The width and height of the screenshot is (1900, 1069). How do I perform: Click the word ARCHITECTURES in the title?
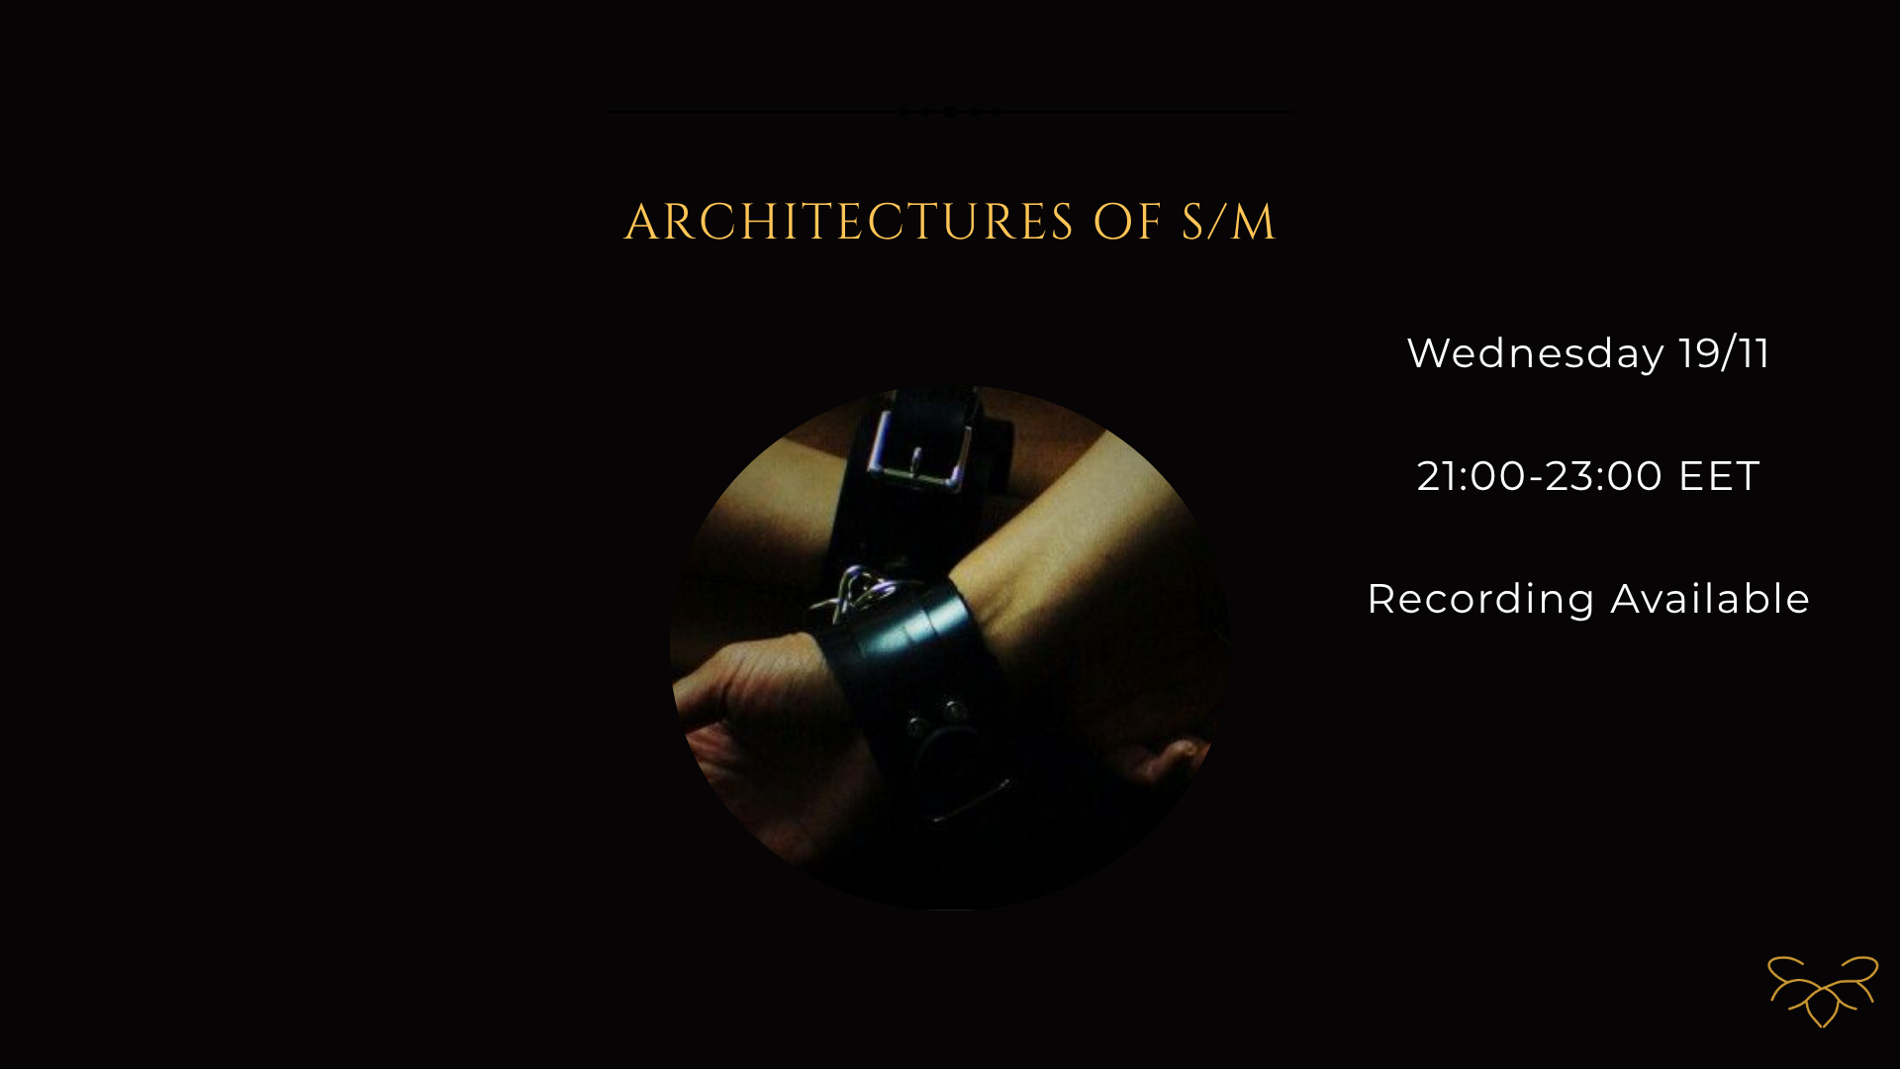pos(849,222)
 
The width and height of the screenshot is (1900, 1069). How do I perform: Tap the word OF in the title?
pos(1127,222)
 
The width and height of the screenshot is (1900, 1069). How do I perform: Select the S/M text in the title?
pos(1228,222)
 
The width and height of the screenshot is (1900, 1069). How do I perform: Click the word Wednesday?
pos(1536,353)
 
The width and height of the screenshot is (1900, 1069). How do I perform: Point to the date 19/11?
pos(1725,353)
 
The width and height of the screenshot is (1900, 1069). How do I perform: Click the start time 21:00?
pos(1472,476)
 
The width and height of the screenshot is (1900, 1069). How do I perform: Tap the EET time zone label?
pos(1720,476)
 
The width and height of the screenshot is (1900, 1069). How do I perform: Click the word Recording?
pos(1481,600)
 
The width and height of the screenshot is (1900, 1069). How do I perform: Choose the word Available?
pos(1711,599)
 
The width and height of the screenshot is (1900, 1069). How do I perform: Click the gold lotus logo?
pos(1823,991)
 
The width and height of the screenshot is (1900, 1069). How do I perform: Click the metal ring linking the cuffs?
pos(859,593)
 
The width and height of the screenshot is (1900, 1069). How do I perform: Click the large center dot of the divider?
pos(950,112)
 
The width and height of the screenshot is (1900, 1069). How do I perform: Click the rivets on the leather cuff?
pos(936,717)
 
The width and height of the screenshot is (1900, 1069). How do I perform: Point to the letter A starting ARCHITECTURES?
pos(642,223)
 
